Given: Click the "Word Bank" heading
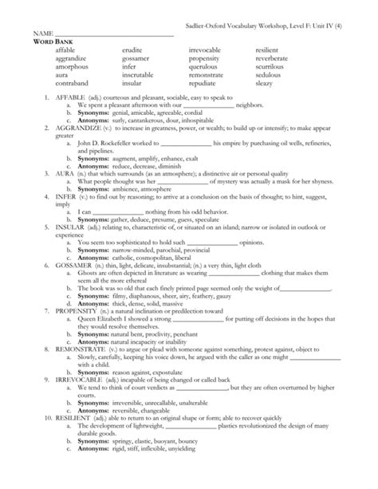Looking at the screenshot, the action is click(x=50, y=41).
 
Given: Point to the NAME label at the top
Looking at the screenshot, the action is click(x=43, y=33).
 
